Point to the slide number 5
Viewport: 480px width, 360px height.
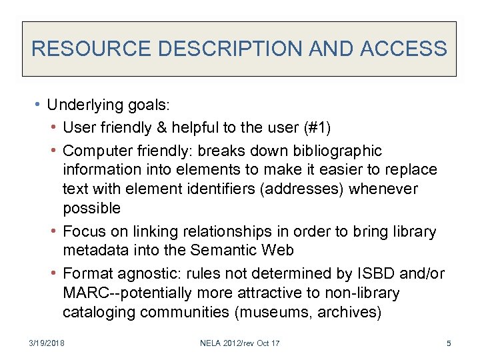449,343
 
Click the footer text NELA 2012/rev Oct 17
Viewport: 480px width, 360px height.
240,343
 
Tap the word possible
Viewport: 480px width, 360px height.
92,208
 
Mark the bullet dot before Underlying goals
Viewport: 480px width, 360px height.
39,105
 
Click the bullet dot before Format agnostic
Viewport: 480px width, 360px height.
54,273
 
